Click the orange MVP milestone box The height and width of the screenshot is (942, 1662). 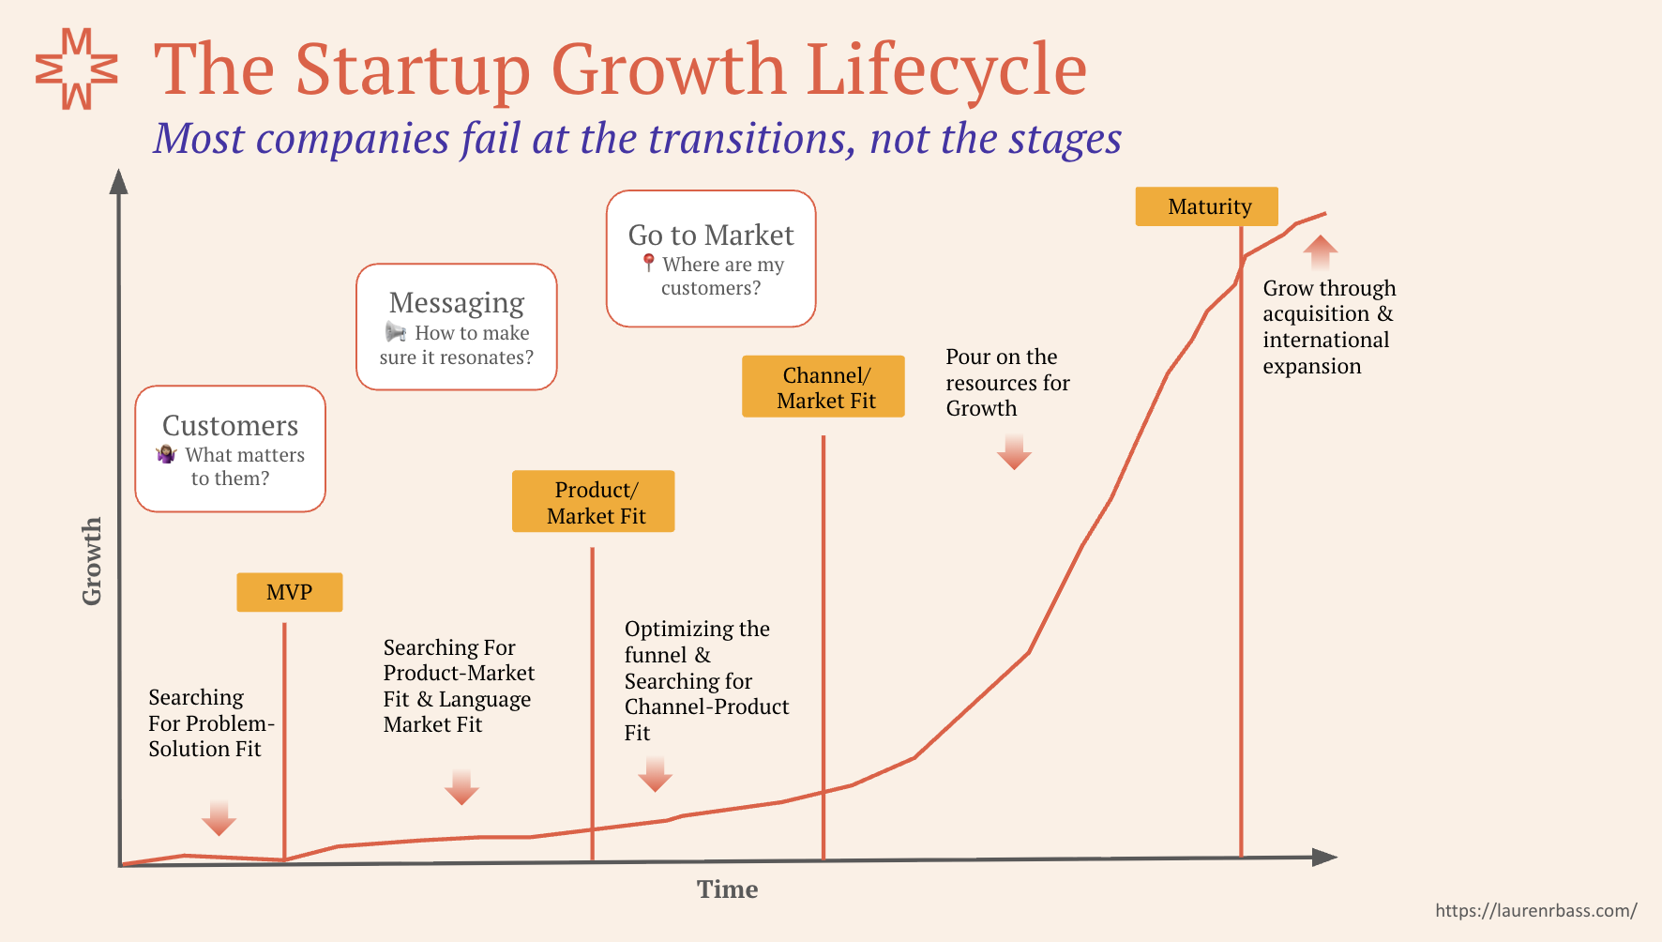click(x=289, y=592)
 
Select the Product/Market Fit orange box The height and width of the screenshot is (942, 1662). click(x=593, y=501)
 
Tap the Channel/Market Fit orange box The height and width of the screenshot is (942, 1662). click(x=823, y=387)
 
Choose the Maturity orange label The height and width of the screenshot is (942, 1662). click(x=1207, y=206)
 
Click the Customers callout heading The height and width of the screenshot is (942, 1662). click(x=231, y=426)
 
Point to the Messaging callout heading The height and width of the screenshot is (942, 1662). click(x=457, y=303)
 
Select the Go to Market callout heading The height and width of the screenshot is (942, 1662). click(x=711, y=235)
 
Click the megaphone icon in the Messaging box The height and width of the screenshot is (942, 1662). click(x=396, y=332)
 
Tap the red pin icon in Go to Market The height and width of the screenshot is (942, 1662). click(x=648, y=263)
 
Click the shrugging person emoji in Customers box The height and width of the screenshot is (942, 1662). click(x=167, y=454)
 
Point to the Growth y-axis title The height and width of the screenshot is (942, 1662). click(x=91, y=561)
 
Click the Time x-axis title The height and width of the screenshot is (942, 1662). click(x=728, y=889)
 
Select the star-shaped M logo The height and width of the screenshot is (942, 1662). click(x=77, y=68)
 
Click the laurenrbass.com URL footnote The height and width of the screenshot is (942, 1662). click(x=1536, y=910)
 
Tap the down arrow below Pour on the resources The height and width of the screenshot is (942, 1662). click(x=1014, y=451)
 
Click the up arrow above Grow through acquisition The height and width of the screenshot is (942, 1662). click(x=1321, y=252)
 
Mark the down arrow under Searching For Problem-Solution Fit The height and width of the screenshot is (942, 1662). click(x=219, y=818)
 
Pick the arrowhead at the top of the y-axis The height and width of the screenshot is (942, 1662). click(x=118, y=181)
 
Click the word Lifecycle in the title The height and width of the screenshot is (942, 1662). click(x=946, y=70)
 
